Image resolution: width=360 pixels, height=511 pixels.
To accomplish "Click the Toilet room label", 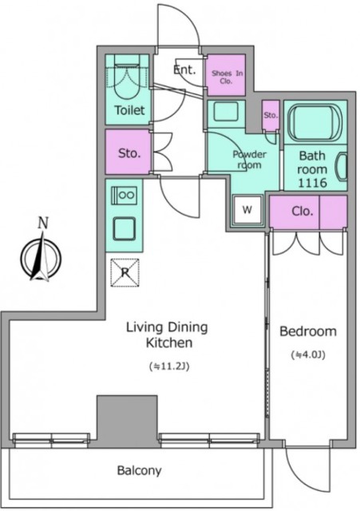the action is tap(129, 110).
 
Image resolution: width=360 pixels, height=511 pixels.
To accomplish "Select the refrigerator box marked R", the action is tap(125, 272).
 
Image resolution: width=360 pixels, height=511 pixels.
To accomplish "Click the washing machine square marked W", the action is tap(247, 210).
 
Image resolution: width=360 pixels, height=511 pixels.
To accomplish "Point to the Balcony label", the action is tap(139, 470).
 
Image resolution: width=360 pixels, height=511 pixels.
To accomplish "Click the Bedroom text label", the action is tap(308, 331).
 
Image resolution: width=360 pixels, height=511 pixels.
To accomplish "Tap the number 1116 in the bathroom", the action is tap(312, 183).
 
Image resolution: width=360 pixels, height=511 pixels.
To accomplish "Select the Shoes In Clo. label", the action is tap(227, 77).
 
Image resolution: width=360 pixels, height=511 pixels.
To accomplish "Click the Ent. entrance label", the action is tap(184, 69).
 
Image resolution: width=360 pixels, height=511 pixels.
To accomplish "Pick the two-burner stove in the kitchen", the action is tap(125, 195).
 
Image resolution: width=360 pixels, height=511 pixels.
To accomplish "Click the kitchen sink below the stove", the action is tap(125, 228).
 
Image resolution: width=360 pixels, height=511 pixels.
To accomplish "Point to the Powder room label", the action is tap(249, 160).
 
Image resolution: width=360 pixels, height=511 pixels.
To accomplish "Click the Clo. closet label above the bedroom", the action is tap(303, 211).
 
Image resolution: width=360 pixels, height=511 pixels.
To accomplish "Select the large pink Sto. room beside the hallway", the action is tap(129, 152).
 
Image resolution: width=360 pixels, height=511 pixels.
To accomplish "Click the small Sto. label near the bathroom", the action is tap(271, 115).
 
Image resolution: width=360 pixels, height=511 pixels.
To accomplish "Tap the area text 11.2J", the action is tap(169, 366).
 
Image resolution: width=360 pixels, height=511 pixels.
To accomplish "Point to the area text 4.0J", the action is tap(308, 355).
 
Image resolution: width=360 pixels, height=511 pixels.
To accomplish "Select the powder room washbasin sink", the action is tap(226, 111).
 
